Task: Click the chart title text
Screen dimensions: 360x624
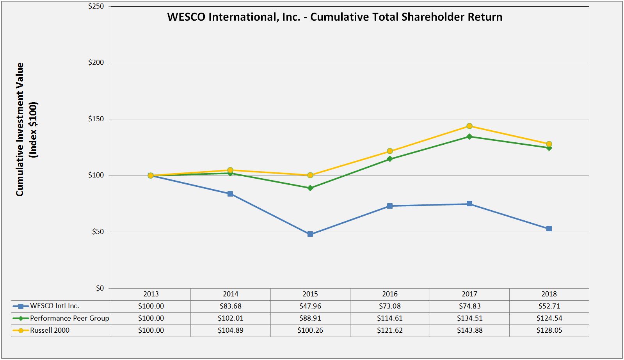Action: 334,17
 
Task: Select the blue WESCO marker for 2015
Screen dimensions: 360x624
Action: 310,234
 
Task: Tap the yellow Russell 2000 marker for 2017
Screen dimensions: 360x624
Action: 469,126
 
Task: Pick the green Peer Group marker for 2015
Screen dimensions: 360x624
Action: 310,188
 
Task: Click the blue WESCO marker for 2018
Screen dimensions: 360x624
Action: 549,229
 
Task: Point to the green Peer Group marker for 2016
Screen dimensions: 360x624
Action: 390,159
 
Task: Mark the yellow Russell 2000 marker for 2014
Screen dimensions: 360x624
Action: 230,170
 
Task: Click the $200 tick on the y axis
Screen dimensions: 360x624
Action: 96,63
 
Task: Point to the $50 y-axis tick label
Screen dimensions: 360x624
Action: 98,232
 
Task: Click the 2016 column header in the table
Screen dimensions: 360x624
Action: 390,294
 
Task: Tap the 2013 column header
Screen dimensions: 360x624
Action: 151,294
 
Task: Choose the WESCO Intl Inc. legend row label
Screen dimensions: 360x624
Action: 54,306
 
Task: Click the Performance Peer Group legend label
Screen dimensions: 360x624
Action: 69,318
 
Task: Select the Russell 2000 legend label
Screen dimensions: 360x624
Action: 50,330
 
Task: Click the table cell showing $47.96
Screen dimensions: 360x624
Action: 310,306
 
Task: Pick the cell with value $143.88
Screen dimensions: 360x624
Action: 469,330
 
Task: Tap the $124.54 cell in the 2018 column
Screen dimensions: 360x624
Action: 549,318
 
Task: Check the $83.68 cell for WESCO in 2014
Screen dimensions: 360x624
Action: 230,306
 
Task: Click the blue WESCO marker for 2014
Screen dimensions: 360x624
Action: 230,194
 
